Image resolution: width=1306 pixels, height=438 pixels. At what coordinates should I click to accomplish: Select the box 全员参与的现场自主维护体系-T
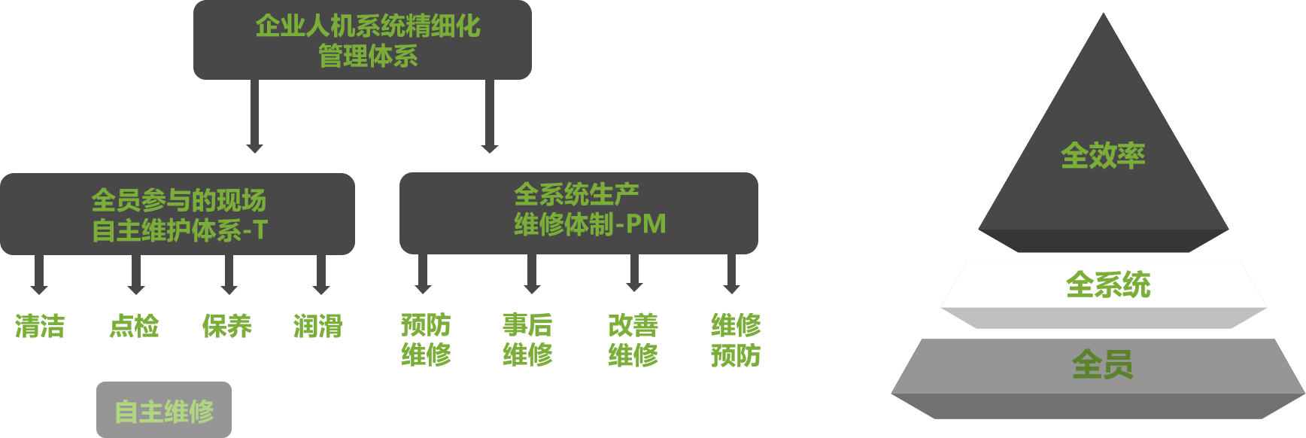[x=178, y=214]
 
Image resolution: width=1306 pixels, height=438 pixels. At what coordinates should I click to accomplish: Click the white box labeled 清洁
[x=40, y=325]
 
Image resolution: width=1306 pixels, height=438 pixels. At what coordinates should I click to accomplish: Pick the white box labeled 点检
[x=134, y=325]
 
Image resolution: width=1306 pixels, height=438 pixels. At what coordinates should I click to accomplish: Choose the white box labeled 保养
[x=226, y=325]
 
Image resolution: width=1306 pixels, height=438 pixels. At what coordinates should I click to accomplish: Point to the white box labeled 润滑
[x=317, y=325]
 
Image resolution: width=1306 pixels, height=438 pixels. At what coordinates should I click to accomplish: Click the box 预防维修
[x=425, y=338]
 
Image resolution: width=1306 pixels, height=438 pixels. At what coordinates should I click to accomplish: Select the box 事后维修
[x=527, y=338]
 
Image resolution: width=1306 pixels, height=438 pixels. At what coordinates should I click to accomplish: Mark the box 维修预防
[x=733, y=338]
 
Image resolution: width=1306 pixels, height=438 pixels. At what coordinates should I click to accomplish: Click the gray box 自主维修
[x=164, y=411]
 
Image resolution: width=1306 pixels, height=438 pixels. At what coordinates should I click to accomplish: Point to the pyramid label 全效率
[x=1103, y=156]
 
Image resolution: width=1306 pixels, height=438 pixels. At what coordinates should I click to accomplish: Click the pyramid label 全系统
[x=1107, y=285]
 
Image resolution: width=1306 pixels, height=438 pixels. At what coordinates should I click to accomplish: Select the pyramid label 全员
[x=1102, y=365]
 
